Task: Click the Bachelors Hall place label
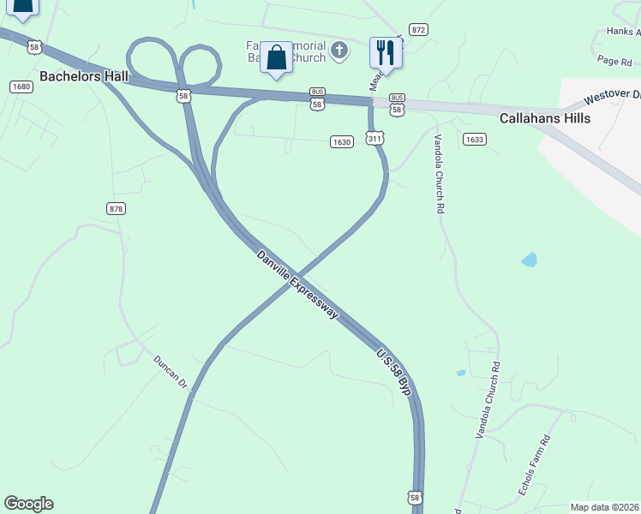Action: (84, 77)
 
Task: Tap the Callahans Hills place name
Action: (545, 118)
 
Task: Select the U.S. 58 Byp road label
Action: (394, 371)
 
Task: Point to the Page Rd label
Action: (614, 61)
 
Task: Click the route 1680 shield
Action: (21, 87)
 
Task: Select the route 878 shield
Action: (117, 208)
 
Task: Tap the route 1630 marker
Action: (341, 142)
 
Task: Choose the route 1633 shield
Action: (474, 139)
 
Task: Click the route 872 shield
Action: (418, 29)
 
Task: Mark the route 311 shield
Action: (374, 138)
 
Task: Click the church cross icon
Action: (339, 51)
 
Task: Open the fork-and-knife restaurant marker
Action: (385, 53)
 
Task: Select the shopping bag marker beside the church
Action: (276, 58)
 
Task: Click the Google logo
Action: (28, 504)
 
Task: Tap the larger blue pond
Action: (529, 259)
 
